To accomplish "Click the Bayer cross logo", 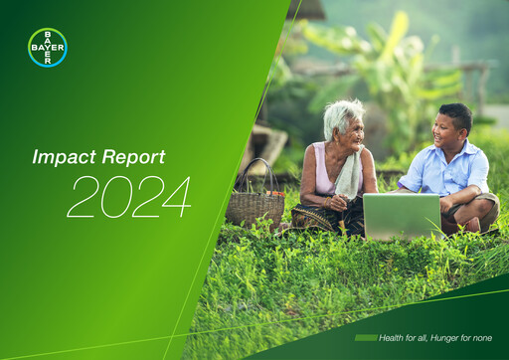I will pos(48,47).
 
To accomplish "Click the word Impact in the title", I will pos(56,157).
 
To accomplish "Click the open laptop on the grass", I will pos(401,216).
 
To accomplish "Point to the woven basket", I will pos(254,206).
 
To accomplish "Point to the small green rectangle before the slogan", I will pos(365,338).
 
